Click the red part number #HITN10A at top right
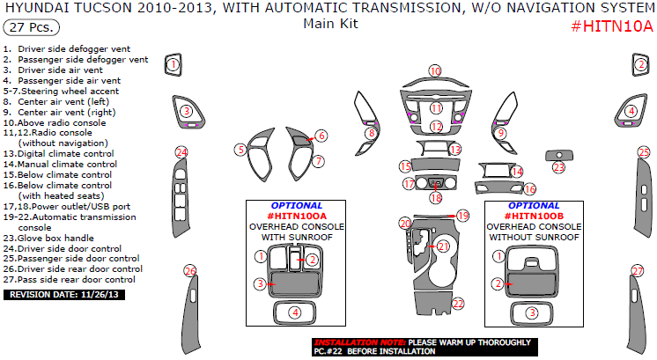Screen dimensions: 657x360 click(x=612, y=26)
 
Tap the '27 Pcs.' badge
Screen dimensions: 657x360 click(x=32, y=27)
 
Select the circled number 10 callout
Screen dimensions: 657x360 click(x=435, y=71)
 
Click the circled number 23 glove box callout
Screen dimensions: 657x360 click(x=559, y=168)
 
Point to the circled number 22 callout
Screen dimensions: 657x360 click(x=458, y=304)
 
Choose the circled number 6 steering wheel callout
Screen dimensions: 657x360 click(x=321, y=136)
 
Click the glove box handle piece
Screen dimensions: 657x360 click(x=559, y=155)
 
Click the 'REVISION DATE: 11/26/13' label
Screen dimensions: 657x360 click(x=64, y=295)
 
